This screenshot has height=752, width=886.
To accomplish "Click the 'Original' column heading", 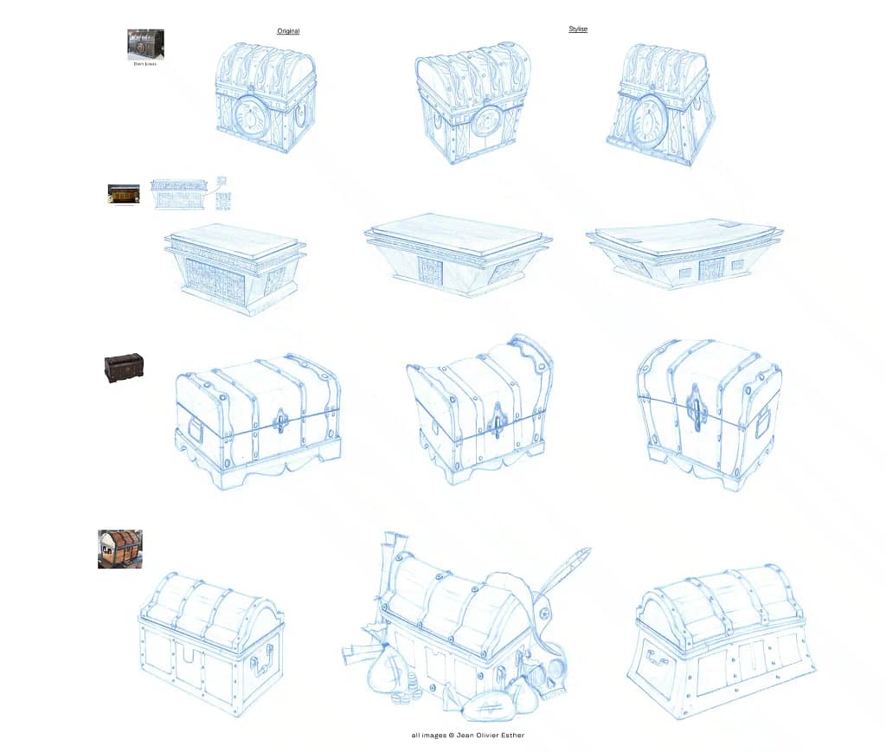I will click(x=288, y=31).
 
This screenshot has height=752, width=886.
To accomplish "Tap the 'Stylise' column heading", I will click(x=577, y=29).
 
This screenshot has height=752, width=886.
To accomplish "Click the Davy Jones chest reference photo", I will click(x=145, y=44).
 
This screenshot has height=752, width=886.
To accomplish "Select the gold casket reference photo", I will click(x=124, y=194).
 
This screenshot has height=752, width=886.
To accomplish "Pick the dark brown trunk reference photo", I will click(x=124, y=367).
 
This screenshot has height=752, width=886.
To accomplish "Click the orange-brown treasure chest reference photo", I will click(x=119, y=549).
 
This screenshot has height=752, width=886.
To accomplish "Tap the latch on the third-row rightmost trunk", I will click(x=696, y=407).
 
